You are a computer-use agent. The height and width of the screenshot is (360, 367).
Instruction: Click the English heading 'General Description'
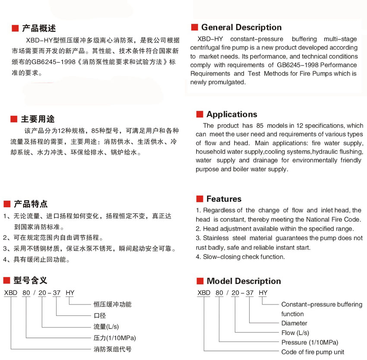pyautogui.click(x=241, y=27)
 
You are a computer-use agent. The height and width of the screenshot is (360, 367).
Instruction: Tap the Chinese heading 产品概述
pyautogui.click(x=39, y=29)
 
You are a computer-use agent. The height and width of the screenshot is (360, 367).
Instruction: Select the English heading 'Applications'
pyautogui.click(x=231, y=114)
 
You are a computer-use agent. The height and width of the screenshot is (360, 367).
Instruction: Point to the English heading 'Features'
pyautogui.click(x=224, y=199)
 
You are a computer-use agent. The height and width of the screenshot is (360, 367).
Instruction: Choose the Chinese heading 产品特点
pyautogui.click(x=31, y=204)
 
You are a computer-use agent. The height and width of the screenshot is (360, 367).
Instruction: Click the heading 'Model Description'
pyautogui.click(x=244, y=281)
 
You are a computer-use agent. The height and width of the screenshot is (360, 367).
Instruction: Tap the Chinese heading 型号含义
pyautogui.click(x=30, y=280)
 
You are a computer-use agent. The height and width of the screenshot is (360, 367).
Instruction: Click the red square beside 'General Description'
pyautogui.click(x=194, y=27)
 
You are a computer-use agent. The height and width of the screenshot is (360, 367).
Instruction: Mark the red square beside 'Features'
pyautogui.click(x=199, y=199)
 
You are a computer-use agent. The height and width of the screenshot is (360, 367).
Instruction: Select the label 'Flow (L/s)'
pyautogui.click(x=295, y=333)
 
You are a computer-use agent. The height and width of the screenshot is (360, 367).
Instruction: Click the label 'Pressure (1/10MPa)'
pyautogui.click(x=309, y=342)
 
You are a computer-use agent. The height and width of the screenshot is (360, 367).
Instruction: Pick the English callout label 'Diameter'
pyautogui.click(x=294, y=323)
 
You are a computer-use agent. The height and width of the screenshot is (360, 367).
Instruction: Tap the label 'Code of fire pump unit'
pyautogui.click(x=313, y=352)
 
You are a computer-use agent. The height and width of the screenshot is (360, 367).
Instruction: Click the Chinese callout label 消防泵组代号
pyautogui.click(x=113, y=348)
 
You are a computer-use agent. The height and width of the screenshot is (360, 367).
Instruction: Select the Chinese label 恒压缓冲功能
pyautogui.click(x=113, y=304)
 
